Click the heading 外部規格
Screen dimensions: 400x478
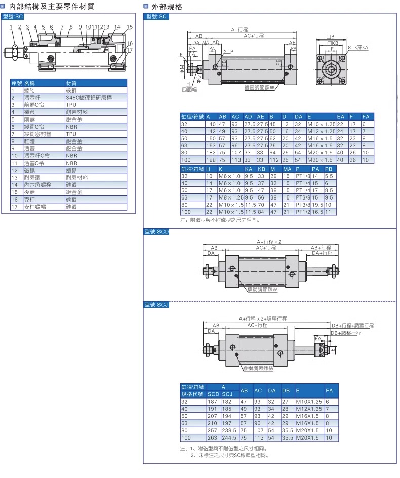coord(167,7)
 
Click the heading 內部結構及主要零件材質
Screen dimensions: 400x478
coord(52,6)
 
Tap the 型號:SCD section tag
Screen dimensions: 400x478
coord(156,232)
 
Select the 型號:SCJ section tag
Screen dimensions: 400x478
coord(156,304)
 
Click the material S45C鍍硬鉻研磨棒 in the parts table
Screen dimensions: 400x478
coord(89,98)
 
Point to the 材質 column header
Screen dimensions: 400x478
coord(71,83)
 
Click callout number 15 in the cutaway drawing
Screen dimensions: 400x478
coord(130,27)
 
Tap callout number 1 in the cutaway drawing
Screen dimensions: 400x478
coord(11,27)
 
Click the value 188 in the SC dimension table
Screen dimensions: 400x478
coord(211,160)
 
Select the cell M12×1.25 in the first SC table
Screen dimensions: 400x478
coord(322,131)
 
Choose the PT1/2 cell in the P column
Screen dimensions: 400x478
coord(303,212)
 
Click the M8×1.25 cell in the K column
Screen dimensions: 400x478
coord(231,197)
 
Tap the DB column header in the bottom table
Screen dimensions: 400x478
coord(286,390)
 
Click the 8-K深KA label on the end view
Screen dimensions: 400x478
coord(358,47)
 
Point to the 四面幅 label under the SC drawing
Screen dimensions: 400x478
coord(189,89)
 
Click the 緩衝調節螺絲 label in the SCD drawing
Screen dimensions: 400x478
coord(262,289)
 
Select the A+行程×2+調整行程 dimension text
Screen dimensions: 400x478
coord(263,318)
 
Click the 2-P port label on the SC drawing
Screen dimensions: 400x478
coord(229,52)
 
